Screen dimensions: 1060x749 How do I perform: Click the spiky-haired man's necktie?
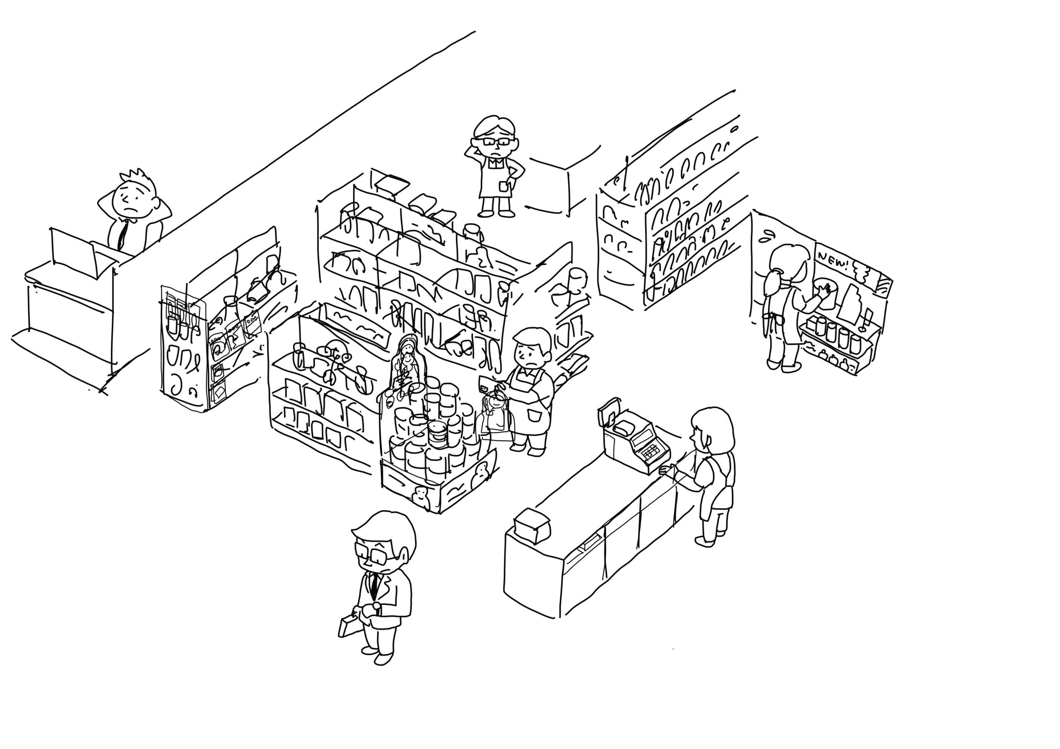tap(122, 233)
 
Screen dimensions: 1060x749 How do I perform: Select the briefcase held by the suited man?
tap(349, 624)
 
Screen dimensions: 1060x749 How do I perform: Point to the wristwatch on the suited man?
tap(376, 607)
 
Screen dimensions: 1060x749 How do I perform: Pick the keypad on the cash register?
tap(650, 452)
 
